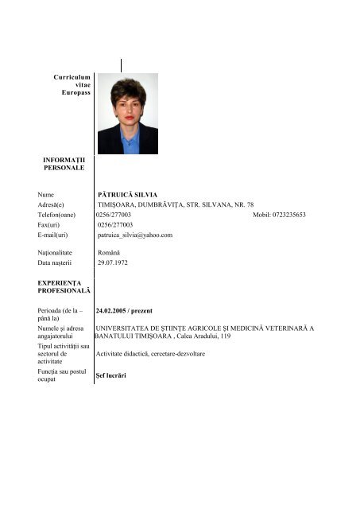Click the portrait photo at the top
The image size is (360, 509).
click(x=127, y=114)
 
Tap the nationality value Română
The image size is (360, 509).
click(x=109, y=251)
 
